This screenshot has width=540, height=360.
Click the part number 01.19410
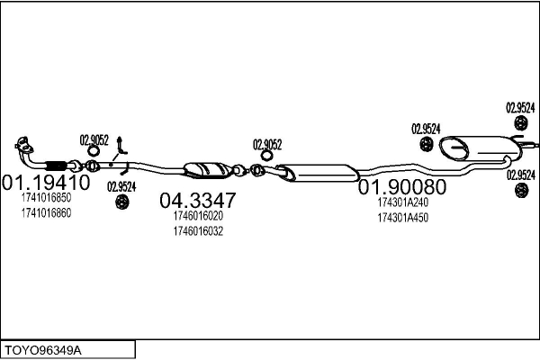47,182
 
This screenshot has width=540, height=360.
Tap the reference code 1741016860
46,213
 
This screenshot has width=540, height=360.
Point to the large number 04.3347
199,200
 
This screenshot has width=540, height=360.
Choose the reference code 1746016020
198,217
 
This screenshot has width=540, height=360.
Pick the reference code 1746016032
198,231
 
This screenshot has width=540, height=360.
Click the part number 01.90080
402,188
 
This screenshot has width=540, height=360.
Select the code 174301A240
402,203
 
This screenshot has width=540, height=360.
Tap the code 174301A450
402,218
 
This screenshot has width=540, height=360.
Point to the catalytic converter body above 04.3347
206,170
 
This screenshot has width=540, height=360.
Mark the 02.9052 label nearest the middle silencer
267,144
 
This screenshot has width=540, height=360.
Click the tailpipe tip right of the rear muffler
531,143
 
